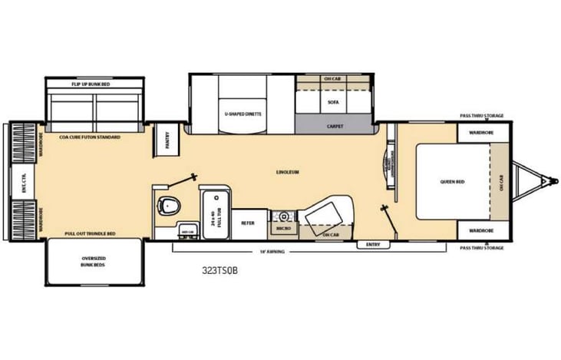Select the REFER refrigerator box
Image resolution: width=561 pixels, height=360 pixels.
[248, 223]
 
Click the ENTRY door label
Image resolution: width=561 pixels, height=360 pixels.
[373, 244]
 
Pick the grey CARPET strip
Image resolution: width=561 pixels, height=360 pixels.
[335, 125]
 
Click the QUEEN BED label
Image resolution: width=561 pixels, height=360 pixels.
[450, 182]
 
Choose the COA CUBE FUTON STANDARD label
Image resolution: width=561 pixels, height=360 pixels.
[90, 136]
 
